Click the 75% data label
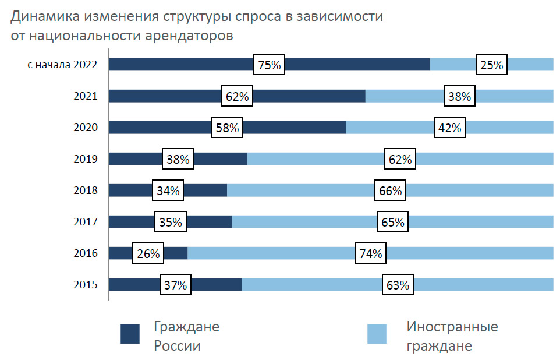[270, 65]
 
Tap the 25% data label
[491, 65]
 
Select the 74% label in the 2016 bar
[370, 253]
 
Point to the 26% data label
[148, 253]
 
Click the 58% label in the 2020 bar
[227, 128]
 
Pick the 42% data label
[449, 128]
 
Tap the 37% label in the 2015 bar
[175, 285]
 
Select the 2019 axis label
[85, 159]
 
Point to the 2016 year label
[85, 253]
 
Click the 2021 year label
[85, 97]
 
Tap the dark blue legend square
[129, 334]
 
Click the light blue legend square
[377, 334]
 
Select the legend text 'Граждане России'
[186, 336]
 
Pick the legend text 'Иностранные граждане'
[452, 336]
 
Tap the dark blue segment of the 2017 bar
[204, 222]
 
